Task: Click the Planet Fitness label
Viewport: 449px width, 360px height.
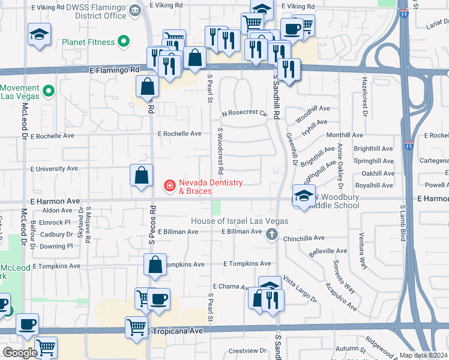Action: coord(88,43)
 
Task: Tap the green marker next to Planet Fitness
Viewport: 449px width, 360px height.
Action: coord(124,42)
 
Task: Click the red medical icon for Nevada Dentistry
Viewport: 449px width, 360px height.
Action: coord(170,187)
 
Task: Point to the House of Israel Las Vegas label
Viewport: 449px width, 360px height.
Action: coord(239,221)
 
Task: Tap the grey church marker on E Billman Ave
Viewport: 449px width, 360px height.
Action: coord(272,234)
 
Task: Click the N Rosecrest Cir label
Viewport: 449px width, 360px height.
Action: coord(244,113)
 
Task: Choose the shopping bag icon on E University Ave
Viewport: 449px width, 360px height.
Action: coord(141,176)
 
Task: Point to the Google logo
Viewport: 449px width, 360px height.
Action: coord(20,353)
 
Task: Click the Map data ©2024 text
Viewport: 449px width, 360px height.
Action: coord(423,355)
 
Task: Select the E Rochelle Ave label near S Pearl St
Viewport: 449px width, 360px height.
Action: coord(179,134)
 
